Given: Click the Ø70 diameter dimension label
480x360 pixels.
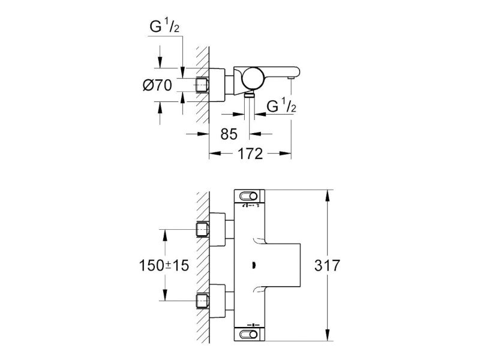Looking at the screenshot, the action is click(157, 85).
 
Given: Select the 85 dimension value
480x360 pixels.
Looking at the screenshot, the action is click(229, 134).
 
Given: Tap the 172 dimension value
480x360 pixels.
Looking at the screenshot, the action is click(250, 154).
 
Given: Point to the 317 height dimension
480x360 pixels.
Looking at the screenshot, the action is click(327, 265).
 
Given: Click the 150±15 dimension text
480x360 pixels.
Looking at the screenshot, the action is click(164, 265).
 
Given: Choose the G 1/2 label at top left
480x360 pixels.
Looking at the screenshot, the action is click(164, 26).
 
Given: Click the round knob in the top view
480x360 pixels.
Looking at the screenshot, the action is click(252, 78).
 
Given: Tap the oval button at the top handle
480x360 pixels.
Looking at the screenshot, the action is click(248, 196).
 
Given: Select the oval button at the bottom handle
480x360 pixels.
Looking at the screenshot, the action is click(248, 334).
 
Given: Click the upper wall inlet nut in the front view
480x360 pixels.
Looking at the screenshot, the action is click(202, 230).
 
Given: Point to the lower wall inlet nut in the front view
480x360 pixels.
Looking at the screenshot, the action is click(202, 301).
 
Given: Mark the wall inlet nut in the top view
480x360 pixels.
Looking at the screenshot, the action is click(202, 85).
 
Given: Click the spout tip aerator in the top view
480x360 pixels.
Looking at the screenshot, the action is click(290, 78).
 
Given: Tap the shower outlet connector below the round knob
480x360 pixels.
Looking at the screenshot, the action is click(250, 94).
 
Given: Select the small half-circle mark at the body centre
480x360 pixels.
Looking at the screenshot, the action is click(253, 265).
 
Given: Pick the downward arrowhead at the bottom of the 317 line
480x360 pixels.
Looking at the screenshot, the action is click(327, 335).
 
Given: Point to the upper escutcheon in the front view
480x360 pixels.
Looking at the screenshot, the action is click(217, 230).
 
